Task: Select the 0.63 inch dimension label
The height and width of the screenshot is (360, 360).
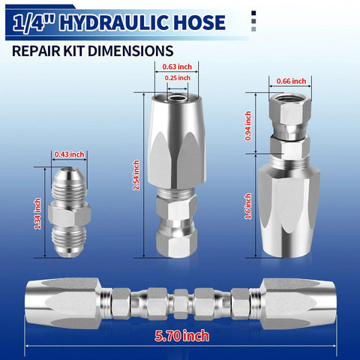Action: pyautogui.click(x=177, y=66)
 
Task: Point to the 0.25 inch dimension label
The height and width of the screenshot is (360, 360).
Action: pyautogui.click(x=177, y=77)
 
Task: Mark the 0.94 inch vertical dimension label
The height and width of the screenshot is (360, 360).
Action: pyautogui.click(x=249, y=122)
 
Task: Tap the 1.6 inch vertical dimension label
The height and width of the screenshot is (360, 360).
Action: pyautogui.click(x=249, y=203)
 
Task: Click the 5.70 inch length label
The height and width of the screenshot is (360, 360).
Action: pyautogui.click(x=180, y=335)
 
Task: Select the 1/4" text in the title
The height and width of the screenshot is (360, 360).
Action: pyautogui.click(x=38, y=22)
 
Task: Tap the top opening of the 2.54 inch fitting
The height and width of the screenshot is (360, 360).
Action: pyautogui.click(x=177, y=96)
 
